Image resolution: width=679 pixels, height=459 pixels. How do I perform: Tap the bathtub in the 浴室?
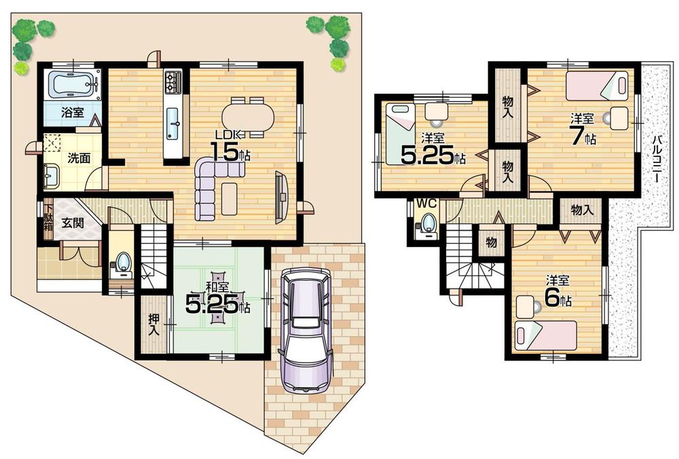(x=73, y=85)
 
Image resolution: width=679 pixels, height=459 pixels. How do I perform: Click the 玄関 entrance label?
(x=73, y=223)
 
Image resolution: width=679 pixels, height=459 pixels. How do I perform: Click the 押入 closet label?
(x=153, y=325)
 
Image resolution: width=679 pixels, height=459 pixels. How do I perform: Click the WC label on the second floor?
(x=426, y=202)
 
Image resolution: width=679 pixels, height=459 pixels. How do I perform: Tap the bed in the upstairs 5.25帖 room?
(x=400, y=133)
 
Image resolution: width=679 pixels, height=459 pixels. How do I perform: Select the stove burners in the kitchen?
(x=172, y=81)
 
